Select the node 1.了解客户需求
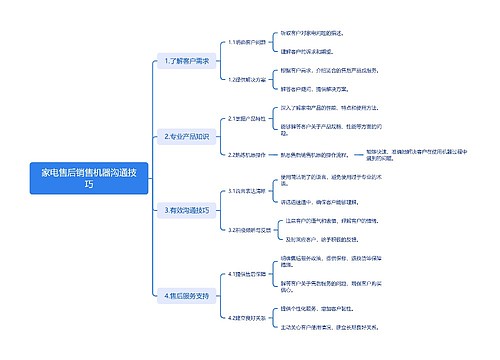click(186, 61)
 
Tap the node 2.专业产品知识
click(186, 136)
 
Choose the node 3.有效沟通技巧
click(186, 210)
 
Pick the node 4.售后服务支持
click(186, 296)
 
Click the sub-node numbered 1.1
click(246, 43)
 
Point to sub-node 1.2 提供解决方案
click(248, 79)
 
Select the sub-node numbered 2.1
click(248, 117)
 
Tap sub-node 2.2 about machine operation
click(248, 155)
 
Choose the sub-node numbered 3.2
click(248, 229)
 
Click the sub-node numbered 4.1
click(248, 273)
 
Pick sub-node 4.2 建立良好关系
click(248, 318)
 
